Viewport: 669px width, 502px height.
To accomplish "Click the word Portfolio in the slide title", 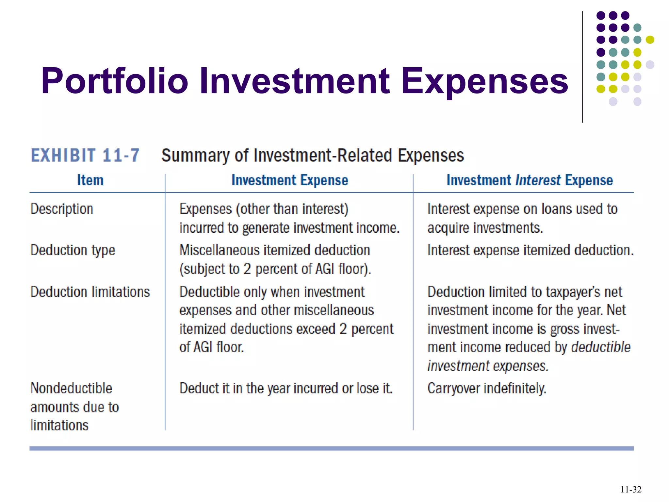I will pyautogui.click(x=115, y=81).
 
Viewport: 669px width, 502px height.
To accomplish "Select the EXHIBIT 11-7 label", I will pyautogui.click(x=85, y=155).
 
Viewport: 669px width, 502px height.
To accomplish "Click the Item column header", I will pyautogui.click(x=90, y=180).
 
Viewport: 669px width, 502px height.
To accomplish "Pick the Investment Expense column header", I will pyautogui.click(x=290, y=180).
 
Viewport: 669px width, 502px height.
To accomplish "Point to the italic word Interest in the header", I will pyautogui.click(x=538, y=180).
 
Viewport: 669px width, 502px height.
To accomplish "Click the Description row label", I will pyautogui.click(x=62, y=209).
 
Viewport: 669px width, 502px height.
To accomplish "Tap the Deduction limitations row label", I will pyautogui.click(x=90, y=292).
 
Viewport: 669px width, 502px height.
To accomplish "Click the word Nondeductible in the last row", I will pyautogui.click(x=71, y=388).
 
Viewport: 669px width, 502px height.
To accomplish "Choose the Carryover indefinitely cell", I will pyautogui.click(x=487, y=389).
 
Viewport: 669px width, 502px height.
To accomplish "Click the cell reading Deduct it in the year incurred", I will pyautogui.click(x=286, y=389).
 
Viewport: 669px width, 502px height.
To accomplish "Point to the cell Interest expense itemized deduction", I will pyautogui.click(x=530, y=250).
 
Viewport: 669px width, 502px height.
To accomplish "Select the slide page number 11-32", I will pyautogui.click(x=630, y=490).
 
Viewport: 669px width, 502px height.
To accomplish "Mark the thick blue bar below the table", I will pyautogui.click(x=331, y=448).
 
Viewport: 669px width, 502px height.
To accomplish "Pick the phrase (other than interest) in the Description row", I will pyautogui.click(x=292, y=209).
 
